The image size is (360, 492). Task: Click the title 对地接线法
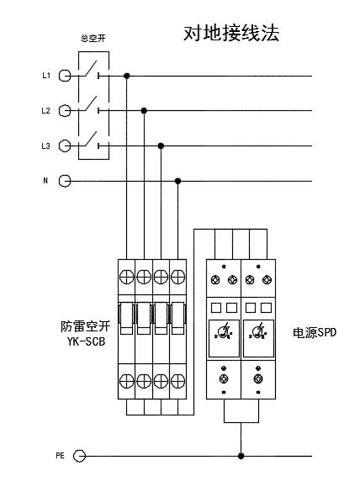pos(231,34)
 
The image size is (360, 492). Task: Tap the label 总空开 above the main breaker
pos(93,39)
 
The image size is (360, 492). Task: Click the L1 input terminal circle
pos(65,76)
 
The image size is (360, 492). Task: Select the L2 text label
pos(45,111)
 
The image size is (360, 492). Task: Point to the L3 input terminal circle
pos(65,145)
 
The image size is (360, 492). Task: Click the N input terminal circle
pos(65,181)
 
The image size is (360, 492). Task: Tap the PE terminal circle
pos(79,456)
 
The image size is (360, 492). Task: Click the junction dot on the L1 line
pos(127,76)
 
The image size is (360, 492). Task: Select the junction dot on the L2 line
pos(144,110)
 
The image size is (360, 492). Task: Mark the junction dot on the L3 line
pos(161,145)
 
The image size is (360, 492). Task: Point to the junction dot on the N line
pos(178,181)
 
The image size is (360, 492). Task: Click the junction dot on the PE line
pos(241,456)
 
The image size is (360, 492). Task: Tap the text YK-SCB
pos(86,341)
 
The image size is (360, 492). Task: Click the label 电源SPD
pos(315,332)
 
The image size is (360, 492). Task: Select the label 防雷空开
pos(86,326)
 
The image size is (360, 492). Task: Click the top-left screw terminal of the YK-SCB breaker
pos(127,277)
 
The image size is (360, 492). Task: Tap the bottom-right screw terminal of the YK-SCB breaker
pos(178,381)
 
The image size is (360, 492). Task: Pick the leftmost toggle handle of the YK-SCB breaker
pos(127,318)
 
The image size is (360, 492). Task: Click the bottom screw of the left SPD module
pos(224,378)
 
